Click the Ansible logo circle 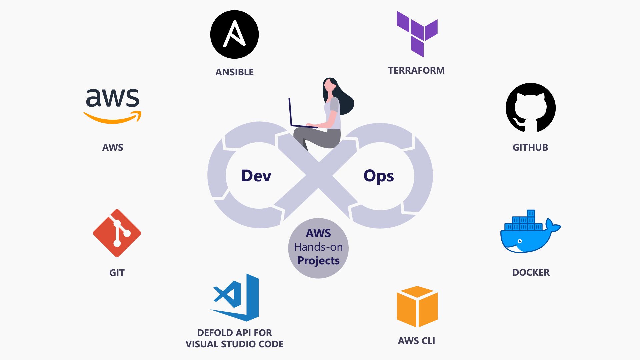tap(234, 34)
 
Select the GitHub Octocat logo tap(530, 108)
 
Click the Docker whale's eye tap(519, 241)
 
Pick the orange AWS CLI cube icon tap(417, 306)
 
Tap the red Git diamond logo tap(117, 233)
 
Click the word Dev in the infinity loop tap(256, 176)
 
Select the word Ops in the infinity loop tap(379, 176)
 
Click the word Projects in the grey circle tap(318, 261)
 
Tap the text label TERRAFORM tap(416, 71)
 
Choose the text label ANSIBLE tap(234, 72)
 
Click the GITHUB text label tap(530, 147)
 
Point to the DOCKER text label tap(531, 272)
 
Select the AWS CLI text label tap(416, 341)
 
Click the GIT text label tap(117, 273)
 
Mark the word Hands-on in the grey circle tap(318, 247)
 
